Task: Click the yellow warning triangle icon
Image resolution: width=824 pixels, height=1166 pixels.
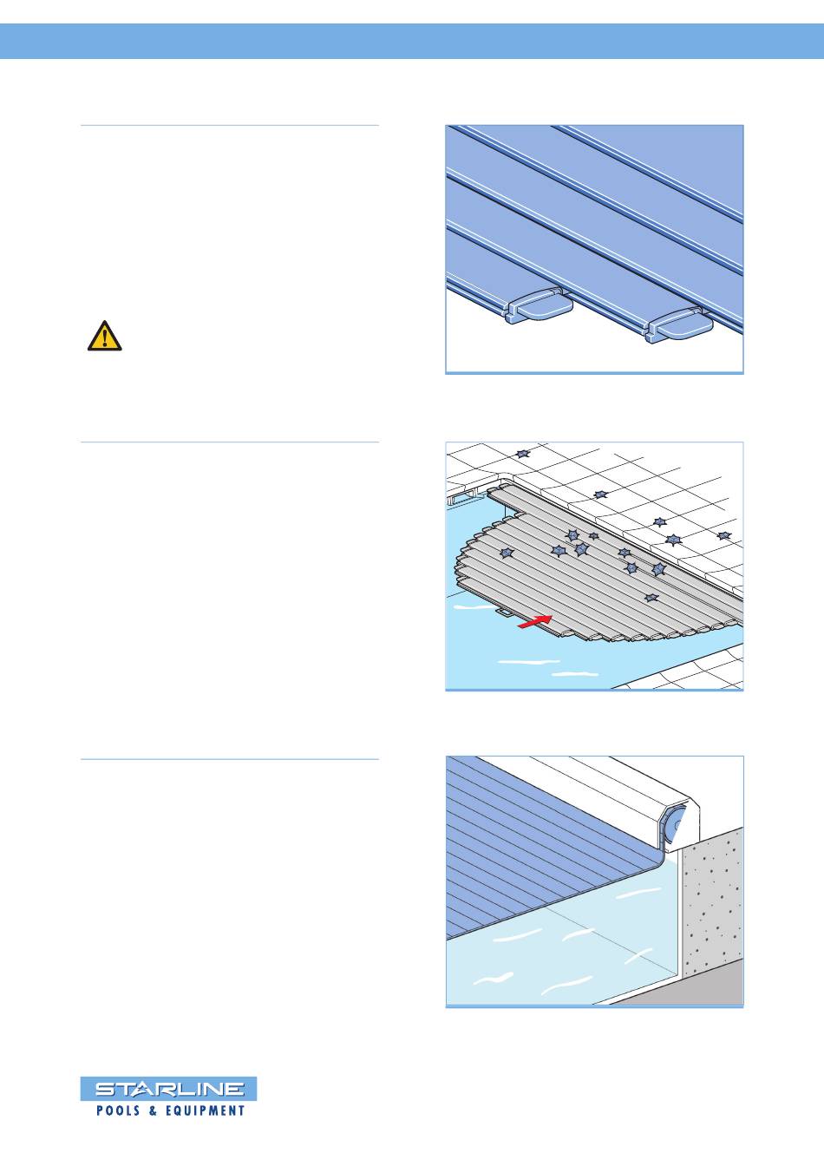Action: click(x=105, y=337)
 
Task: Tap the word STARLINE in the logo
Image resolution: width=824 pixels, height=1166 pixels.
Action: click(x=169, y=1089)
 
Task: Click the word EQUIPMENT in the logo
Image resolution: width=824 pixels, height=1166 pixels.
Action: click(x=205, y=1110)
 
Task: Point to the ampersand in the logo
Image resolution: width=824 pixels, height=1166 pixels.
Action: click(x=153, y=1110)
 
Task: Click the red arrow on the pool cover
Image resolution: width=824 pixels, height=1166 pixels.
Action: click(x=534, y=620)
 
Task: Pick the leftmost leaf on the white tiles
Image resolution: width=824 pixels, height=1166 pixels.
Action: click(x=523, y=454)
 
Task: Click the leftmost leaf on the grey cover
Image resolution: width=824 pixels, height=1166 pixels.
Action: click(x=506, y=553)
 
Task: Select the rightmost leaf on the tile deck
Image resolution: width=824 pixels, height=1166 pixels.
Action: click(x=723, y=535)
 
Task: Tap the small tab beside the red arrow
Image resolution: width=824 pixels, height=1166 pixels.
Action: click(x=505, y=612)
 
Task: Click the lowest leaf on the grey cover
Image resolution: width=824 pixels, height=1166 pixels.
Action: click(x=651, y=598)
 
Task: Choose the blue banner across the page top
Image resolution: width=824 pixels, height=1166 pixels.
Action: click(x=412, y=41)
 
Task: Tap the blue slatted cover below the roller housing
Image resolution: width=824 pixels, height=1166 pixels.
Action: click(x=541, y=854)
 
